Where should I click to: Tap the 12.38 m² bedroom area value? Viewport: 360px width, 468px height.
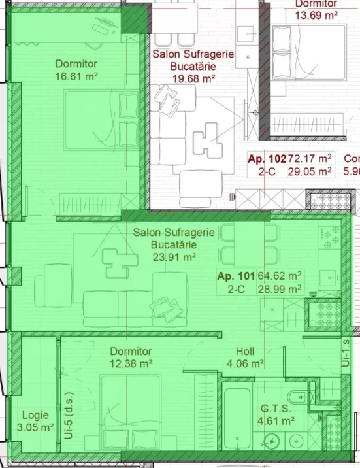131,364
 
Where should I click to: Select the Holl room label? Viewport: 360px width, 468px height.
245,351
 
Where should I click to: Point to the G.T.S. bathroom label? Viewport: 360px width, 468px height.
276,409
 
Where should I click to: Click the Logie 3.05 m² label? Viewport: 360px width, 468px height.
35,421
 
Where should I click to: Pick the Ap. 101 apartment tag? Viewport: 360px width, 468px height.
236,276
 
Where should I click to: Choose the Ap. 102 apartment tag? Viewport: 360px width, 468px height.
267,159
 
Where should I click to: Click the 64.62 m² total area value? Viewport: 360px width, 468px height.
280,276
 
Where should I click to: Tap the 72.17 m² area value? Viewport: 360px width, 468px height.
310,158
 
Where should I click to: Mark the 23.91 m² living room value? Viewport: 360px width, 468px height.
174,257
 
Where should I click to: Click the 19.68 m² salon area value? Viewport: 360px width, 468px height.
194,79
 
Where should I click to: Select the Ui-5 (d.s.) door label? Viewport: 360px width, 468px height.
69,418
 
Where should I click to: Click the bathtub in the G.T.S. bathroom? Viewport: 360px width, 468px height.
237,418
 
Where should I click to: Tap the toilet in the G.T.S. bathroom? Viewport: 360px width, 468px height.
297,397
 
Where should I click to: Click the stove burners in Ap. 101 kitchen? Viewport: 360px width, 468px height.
330,237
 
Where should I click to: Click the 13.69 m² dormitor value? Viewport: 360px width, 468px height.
316,14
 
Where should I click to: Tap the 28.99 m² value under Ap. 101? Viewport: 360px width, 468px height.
280,289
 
